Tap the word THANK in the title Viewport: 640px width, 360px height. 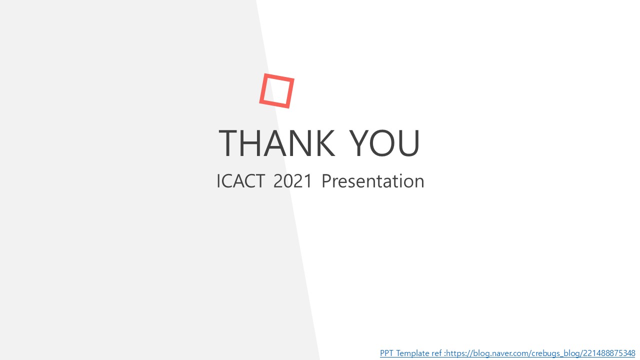point(276,143)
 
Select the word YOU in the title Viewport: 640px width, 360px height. point(384,143)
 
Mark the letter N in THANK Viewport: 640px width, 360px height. point(300,143)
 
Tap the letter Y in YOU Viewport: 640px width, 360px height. point(359,143)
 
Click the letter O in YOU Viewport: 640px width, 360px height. point(382,143)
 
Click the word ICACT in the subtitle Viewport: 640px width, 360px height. point(240,181)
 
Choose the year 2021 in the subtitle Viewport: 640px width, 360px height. point(292,181)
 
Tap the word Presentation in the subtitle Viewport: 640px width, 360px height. point(373,181)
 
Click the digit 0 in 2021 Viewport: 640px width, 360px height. point(288,181)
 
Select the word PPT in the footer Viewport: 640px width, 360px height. point(386,353)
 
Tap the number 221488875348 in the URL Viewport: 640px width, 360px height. point(609,353)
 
